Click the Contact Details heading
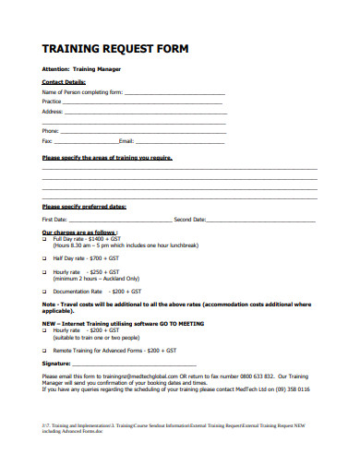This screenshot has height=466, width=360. point(63,82)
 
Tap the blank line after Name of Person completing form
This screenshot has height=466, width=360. point(174,92)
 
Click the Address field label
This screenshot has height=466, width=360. point(53,112)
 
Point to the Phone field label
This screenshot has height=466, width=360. point(51,131)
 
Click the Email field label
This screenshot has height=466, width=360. point(127,141)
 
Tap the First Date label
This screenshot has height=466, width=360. point(54,220)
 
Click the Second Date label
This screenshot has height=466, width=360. point(190,220)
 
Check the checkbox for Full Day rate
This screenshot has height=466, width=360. point(44,238)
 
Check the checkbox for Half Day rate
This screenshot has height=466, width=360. point(44,259)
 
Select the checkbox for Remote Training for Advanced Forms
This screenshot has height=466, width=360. point(44,352)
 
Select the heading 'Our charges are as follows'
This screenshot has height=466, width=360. point(80,232)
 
